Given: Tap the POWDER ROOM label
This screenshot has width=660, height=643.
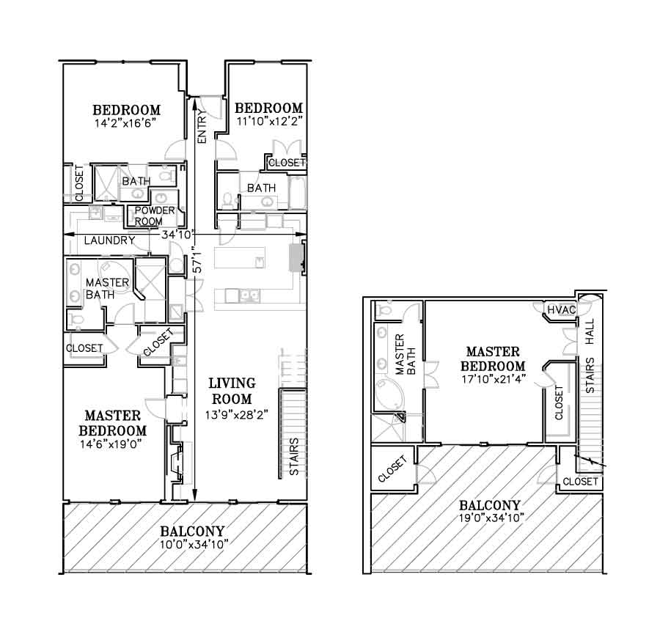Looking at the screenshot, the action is point(155,216).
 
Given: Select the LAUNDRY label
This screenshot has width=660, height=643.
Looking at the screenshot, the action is point(109,240).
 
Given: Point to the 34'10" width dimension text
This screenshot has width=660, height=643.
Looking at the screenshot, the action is point(177,235).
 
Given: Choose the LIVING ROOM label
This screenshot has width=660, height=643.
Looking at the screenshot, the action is point(232,391).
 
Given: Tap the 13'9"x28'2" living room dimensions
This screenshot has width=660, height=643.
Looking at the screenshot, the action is point(237,415).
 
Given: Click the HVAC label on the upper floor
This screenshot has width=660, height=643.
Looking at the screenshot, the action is point(562,311).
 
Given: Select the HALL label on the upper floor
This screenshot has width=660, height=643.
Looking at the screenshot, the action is point(590,331).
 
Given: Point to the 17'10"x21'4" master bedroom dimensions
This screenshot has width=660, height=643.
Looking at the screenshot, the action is point(493,379).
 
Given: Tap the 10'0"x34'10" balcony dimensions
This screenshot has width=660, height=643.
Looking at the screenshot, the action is point(194,545).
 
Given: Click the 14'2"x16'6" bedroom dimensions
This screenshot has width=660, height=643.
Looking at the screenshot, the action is point(125,123).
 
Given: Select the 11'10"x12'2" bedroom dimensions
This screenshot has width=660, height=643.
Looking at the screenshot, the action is point(269,122).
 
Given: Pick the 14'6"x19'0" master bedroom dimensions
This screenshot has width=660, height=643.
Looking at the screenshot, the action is point(111,444).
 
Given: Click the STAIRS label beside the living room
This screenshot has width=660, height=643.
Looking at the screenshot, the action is point(294,457).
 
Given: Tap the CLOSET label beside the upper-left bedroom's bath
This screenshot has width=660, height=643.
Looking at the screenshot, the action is point(79,183).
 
